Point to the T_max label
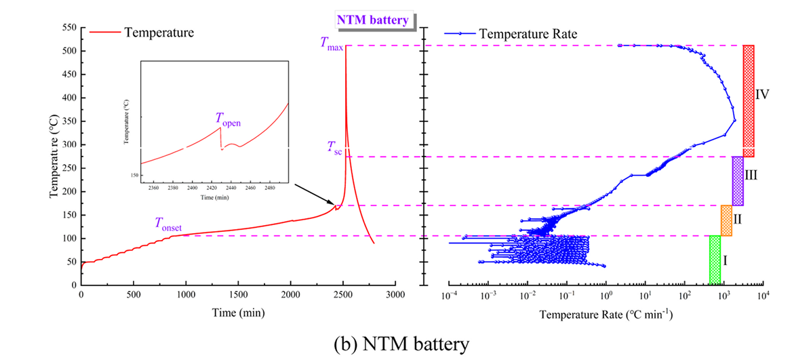tap(332, 45)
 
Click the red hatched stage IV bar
tap(748, 101)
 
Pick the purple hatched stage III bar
tap(738, 181)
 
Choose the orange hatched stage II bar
tap(726, 220)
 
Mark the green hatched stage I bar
tap(715, 260)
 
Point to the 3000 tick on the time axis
tap(395, 296)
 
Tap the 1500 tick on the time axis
tap(238, 296)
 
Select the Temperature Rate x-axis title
tap(606, 315)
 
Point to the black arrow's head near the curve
tap(334, 204)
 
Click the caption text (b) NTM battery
tap(404, 344)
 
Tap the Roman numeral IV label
tap(763, 94)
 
